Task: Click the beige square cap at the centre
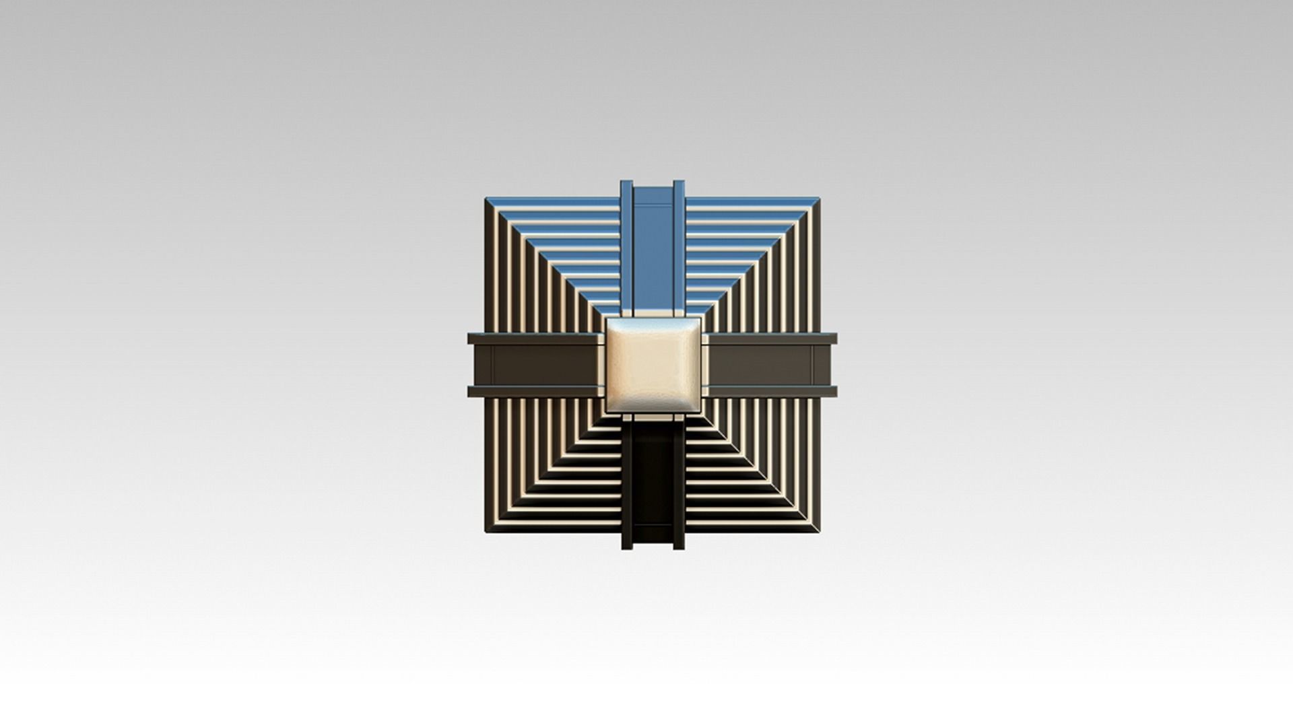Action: pos(653,365)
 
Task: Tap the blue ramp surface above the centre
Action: pos(653,256)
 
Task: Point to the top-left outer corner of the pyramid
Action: pos(487,199)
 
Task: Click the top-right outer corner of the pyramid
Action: pos(820,199)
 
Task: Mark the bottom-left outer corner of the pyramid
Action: pos(487,532)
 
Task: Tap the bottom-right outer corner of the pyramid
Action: pos(820,532)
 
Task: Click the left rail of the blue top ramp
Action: pos(626,249)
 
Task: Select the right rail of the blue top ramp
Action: pos(678,249)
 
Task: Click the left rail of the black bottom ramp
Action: pos(627,485)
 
